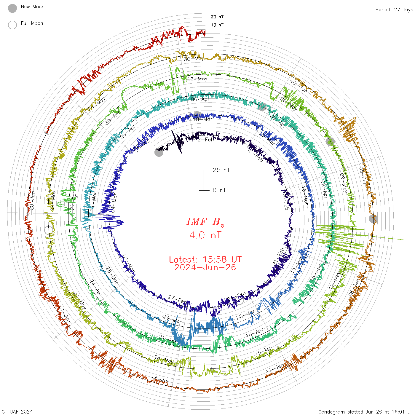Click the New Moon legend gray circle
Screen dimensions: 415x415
12,9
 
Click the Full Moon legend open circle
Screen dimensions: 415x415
12,25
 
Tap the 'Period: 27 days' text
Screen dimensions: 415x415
394,10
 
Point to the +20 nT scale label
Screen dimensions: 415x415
216,17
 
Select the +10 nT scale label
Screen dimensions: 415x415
216,25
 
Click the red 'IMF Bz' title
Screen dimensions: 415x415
205,222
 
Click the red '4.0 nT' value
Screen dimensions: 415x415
205,235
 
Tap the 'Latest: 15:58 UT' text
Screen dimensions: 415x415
205,260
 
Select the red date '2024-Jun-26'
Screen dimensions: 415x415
205,268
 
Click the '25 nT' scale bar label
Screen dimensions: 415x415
221,170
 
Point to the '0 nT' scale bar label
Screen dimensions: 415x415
219,190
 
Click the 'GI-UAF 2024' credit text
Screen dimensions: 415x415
17,412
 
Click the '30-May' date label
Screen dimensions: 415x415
194,59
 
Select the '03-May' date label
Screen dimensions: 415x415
197,79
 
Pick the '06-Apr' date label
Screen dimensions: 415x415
200,99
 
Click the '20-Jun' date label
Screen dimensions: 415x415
32,201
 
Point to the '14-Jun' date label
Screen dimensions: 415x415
160,379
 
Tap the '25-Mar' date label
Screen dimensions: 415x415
172,320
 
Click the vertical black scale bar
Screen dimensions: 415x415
204,180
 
